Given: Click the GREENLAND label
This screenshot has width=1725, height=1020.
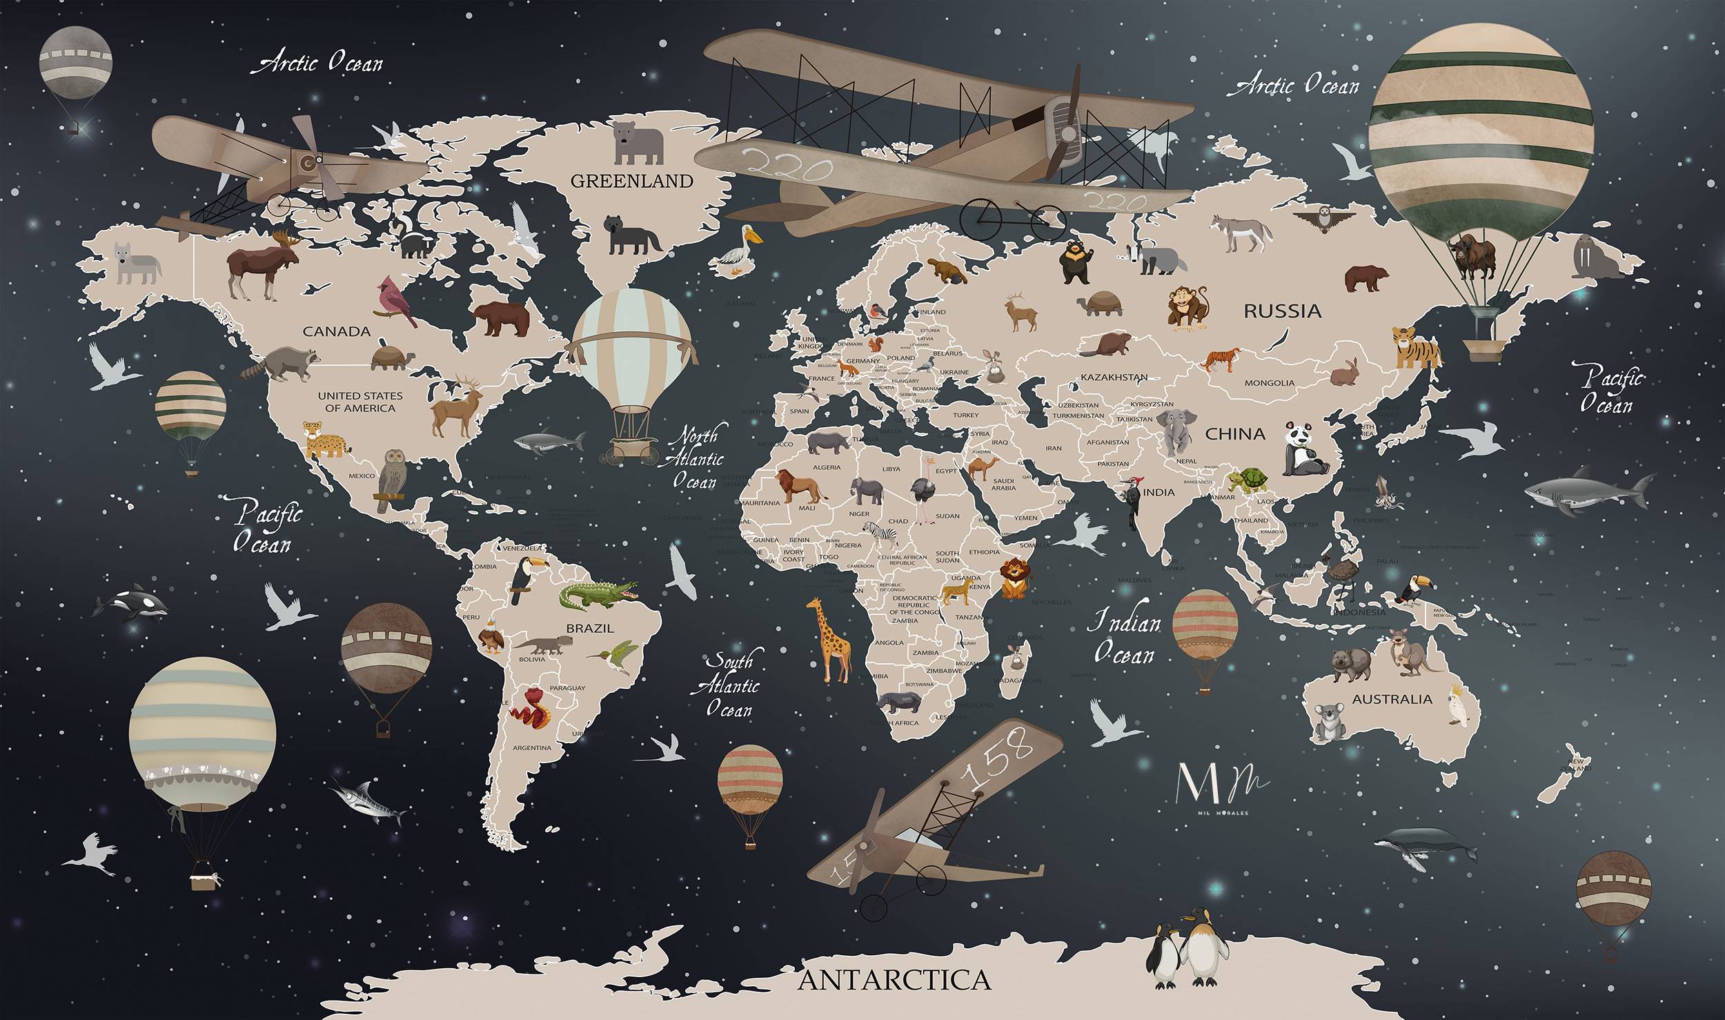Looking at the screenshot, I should (x=631, y=181).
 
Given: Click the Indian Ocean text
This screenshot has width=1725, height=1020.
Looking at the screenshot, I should (x=1123, y=639).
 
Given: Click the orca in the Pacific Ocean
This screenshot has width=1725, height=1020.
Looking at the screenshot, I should (x=132, y=605).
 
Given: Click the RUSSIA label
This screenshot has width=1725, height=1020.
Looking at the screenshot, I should (x=1282, y=311).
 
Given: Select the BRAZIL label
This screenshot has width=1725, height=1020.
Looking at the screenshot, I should (x=589, y=628).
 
